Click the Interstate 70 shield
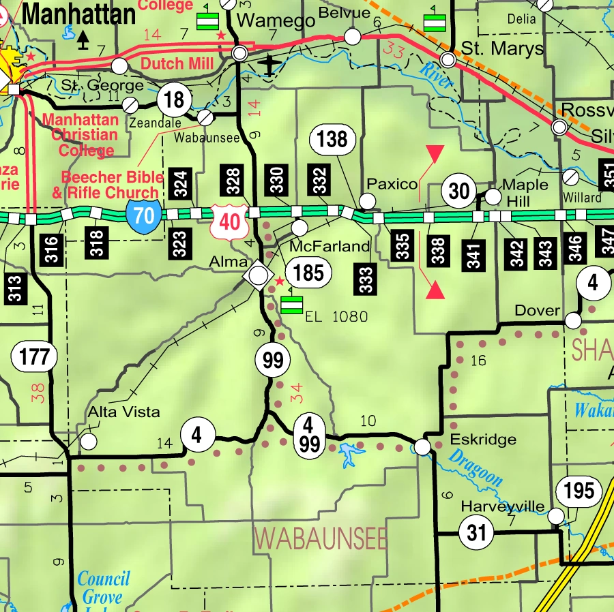click(143, 217)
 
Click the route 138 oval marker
click(332, 140)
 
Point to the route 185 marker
click(308, 273)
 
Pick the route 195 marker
click(579, 490)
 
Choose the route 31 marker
click(476, 532)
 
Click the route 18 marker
click(174, 100)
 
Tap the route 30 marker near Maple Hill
click(460, 192)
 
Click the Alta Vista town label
click(124, 412)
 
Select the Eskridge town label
click(483, 440)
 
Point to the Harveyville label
click(503, 506)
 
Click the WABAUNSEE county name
click(320, 538)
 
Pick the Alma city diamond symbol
click(258, 275)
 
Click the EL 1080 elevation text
click(336, 317)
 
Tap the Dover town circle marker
click(574, 320)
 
